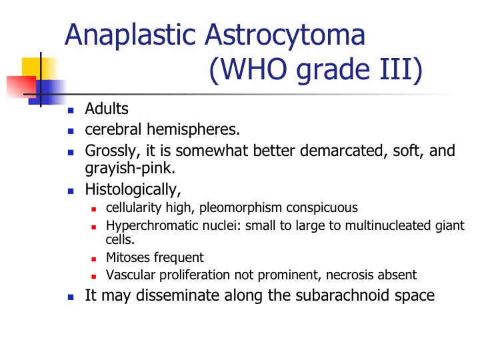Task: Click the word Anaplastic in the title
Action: [x=130, y=36]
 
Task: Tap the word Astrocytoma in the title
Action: [x=285, y=36]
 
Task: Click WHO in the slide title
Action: [x=253, y=69]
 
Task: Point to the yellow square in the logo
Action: [x=40, y=69]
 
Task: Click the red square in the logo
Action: [x=21, y=87]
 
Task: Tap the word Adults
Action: [x=107, y=109]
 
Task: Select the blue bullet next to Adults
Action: [x=71, y=111]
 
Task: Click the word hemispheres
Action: [x=193, y=129]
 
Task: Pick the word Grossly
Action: [x=113, y=151]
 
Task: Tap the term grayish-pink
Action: [x=130, y=169]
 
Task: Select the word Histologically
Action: [x=133, y=189]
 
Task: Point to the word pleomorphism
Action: [x=241, y=208]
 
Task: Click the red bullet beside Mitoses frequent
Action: [x=94, y=259]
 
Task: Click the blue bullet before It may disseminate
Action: [x=71, y=297]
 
